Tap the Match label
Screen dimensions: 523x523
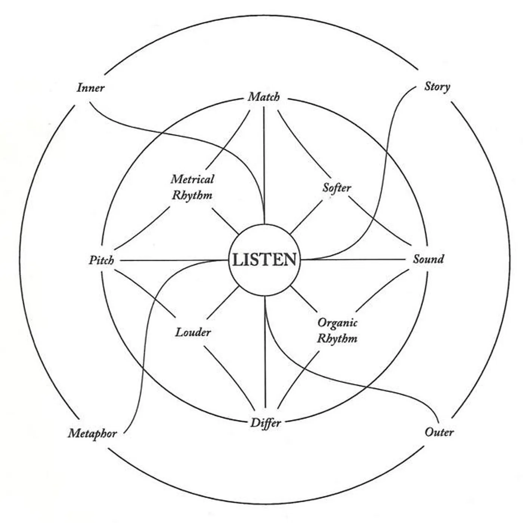click(x=264, y=97)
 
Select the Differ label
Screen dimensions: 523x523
click(x=265, y=423)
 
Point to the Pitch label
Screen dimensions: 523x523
click(x=101, y=260)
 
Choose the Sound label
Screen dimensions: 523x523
click(x=428, y=259)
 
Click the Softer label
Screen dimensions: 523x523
click(x=337, y=188)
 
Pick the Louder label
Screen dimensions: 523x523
click(x=193, y=332)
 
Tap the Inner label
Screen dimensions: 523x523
click(x=90, y=88)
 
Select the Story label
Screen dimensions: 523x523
click(x=437, y=87)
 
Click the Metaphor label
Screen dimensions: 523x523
click(x=92, y=433)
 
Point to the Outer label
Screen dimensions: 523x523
click(x=439, y=432)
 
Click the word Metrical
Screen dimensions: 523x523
click(x=192, y=179)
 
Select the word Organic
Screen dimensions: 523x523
click(x=337, y=323)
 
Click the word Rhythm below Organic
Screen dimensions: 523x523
click(x=337, y=338)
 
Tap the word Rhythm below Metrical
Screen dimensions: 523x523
click(x=192, y=195)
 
